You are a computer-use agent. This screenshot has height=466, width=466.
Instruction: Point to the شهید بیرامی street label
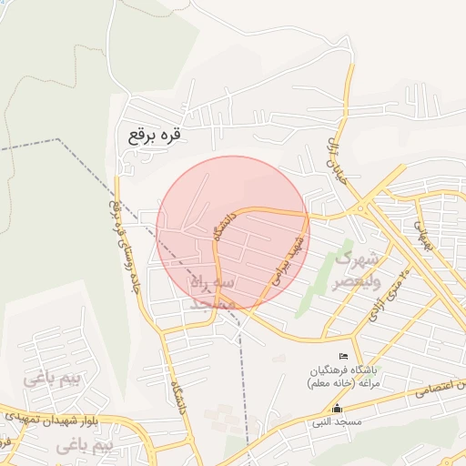pyautogui.click(x=284, y=258)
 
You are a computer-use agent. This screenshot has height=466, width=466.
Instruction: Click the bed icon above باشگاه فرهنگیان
pyautogui.click(x=342, y=355)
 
